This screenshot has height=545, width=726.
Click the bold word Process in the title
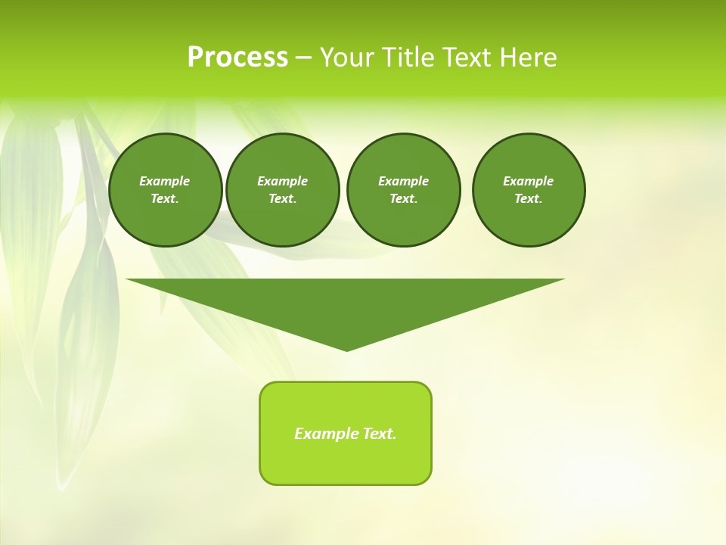coord(237,58)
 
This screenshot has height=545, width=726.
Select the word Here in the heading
coord(526,58)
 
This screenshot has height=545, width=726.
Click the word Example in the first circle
coord(165,181)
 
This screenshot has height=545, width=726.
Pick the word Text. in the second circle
coord(282,198)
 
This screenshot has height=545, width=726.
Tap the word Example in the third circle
coord(403,181)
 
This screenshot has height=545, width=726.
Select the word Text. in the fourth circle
coord(529,198)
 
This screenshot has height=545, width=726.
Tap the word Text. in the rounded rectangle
coord(380,434)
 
